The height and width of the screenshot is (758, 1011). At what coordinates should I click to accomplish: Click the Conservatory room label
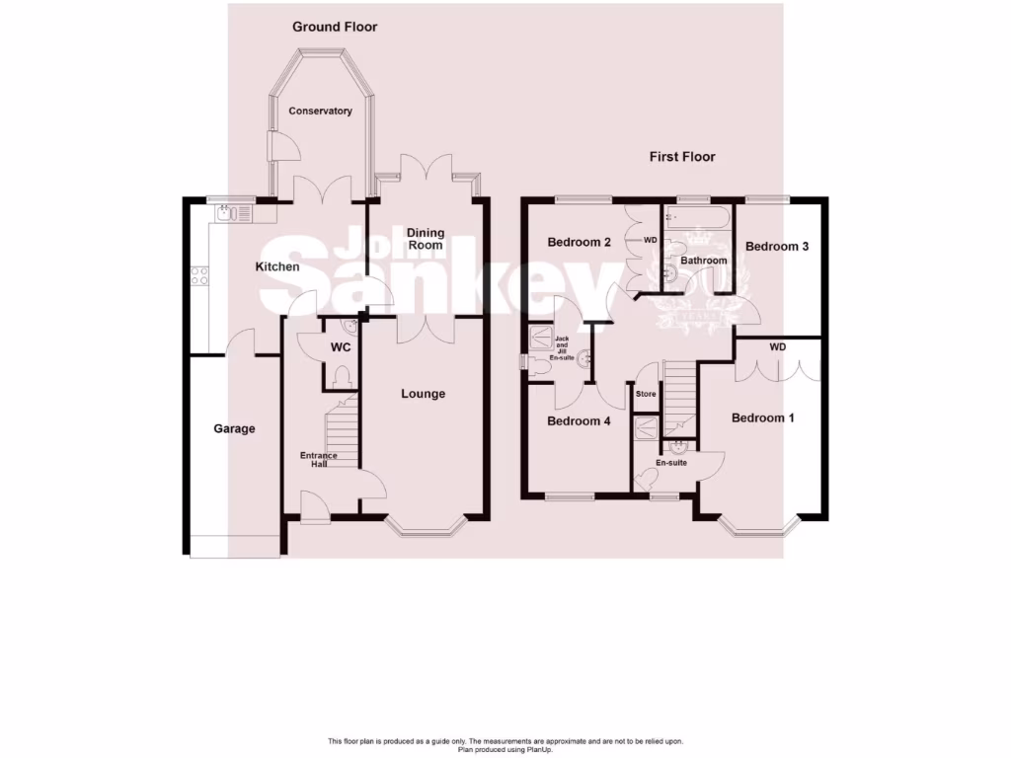click(x=320, y=112)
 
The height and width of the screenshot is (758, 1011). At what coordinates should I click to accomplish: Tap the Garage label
click(x=235, y=428)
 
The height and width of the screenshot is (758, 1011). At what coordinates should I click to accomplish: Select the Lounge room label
click(x=423, y=394)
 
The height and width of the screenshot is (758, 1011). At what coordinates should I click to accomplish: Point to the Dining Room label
click(x=427, y=239)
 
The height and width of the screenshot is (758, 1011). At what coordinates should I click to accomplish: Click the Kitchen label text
click(x=277, y=267)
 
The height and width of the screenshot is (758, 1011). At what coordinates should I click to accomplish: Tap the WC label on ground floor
click(x=341, y=348)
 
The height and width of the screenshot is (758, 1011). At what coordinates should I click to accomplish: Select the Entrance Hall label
click(x=319, y=459)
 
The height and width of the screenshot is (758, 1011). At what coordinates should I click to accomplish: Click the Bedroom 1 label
click(x=762, y=418)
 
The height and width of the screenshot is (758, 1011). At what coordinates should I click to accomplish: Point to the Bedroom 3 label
click(x=777, y=247)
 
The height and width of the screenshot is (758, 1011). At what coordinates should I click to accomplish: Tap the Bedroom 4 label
click(x=579, y=421)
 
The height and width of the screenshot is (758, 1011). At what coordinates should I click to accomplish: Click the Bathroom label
click(x=703, y=261)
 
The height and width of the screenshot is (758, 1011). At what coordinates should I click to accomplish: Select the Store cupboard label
click(x=646, y=394)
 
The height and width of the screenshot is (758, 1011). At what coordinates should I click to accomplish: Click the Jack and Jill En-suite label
click(x=562, y=348)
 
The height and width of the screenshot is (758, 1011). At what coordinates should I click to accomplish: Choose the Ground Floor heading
click(x=335, y=27)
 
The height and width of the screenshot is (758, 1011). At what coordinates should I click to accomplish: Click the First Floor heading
click(x=681, y=157)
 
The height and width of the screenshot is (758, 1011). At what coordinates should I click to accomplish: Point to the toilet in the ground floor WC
click(x=341, y=378)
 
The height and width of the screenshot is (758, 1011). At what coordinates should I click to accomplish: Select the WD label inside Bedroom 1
click(x=778, y=347)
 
